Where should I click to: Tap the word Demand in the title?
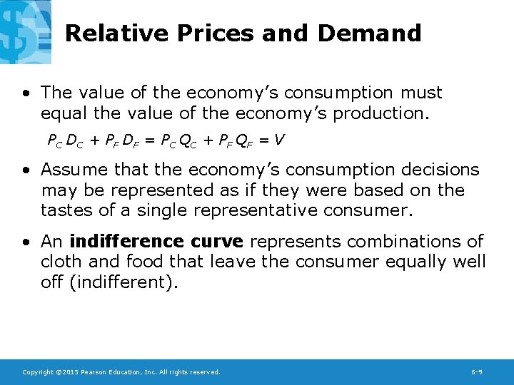click(x=369, y=33)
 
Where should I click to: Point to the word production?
click(x=385, y=113)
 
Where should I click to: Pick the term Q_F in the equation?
click(x=243, y=140)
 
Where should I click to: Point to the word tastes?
click(x=64, y=210)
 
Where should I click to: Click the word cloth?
click(x=62, y=261)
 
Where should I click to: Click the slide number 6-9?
click(x=478, y=372)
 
